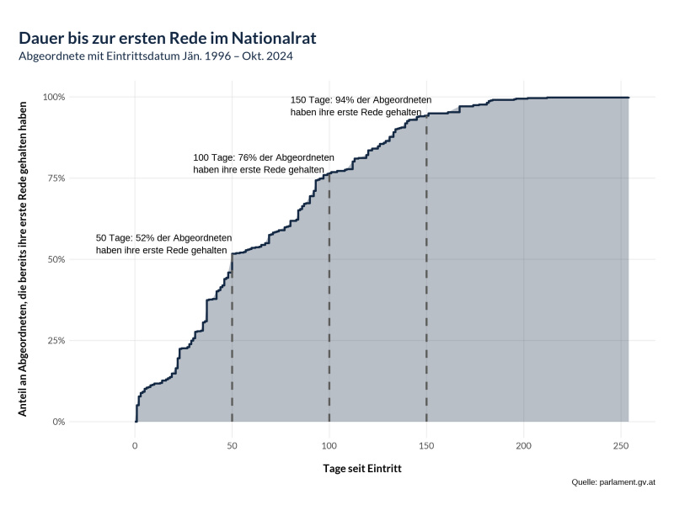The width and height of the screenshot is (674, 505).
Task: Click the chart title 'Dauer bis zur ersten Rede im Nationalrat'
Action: pyautogui.click(x=168, y=39)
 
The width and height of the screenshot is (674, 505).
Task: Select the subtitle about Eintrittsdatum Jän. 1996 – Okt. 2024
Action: pyautogui.click(x=156, y=56)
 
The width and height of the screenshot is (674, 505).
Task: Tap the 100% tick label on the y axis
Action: pyautogui.click(x=55, y=97)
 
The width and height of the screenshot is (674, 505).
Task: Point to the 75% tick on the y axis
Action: pyautogui.click(x=56, y=178)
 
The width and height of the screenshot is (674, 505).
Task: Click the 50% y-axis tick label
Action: pyautogui.click(x=56, y=259)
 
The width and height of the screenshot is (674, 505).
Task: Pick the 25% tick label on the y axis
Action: pyautogui.click(x=56, y=341)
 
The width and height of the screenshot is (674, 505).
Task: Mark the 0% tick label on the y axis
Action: pyautogui.click(x=59, y=422)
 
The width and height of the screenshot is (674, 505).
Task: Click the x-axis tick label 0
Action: pyautogui.click(x=135, y=444)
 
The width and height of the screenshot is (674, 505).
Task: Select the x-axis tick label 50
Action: pyautogui.click(x=232, y=444)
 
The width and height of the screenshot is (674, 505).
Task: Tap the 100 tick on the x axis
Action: pyautogui.click(x=329, y=444)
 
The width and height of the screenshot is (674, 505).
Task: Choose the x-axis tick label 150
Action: pyautogui.click(x=426, y=444)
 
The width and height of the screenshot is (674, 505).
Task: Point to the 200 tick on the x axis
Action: pyautogui.click(x=524, y=444)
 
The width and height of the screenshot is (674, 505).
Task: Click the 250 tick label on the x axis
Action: pyautogui.click(x=621, y=444)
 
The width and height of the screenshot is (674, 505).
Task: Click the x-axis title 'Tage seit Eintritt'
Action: pyautogui.click(x=362, y=468)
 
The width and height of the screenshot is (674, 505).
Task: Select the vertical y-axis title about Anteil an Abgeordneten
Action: pyautogui.click(x=23, y=259)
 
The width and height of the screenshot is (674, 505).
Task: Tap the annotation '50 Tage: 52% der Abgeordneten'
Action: pyautogui.click(x=163, y=244)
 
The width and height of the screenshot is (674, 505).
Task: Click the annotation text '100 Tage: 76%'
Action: pyautogui.click(x=263, y=163)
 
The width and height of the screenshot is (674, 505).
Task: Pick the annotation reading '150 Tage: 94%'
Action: pyautogui.click(x=361, y=105)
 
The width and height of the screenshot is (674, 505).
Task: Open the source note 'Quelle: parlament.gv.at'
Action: pyautogui.click(x=612, y=482)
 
